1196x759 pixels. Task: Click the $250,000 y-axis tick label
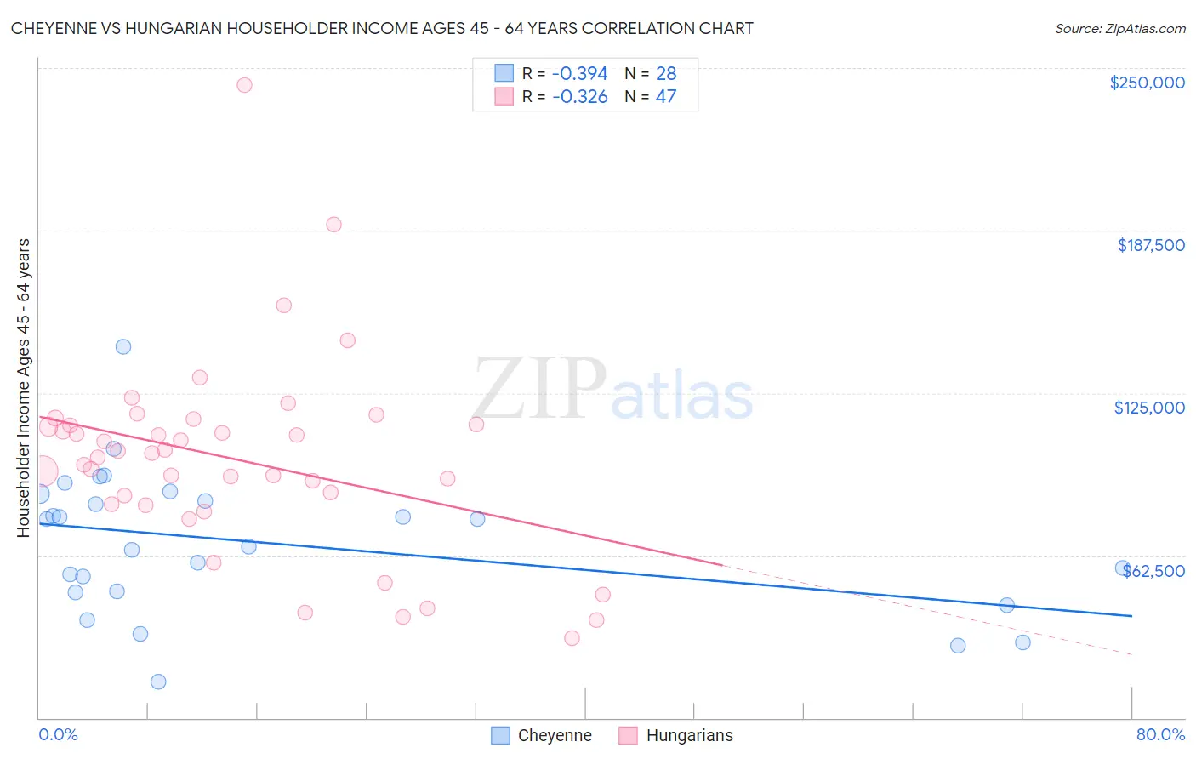point(1147,83)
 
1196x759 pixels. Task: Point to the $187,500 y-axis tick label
point(1150,245)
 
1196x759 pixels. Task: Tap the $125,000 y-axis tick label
point(1149,408)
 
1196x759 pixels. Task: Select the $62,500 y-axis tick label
point(1153,571)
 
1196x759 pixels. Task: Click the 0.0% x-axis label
point(58,734)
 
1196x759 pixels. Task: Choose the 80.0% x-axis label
point(1160,734)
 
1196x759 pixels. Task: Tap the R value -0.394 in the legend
point(579,74)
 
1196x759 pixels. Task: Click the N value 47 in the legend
point(666,97)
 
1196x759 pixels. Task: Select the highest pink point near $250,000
point(244,85)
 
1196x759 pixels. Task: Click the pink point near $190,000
point(333,225)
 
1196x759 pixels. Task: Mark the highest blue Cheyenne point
point(123,346)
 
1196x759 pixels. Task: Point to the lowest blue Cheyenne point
point(158,682)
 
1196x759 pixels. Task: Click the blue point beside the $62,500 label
point(1123,568)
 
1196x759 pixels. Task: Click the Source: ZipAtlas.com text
point(1119,29)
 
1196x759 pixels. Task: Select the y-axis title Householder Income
point(23,387)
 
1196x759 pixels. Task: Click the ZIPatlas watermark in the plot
point(612,390)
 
